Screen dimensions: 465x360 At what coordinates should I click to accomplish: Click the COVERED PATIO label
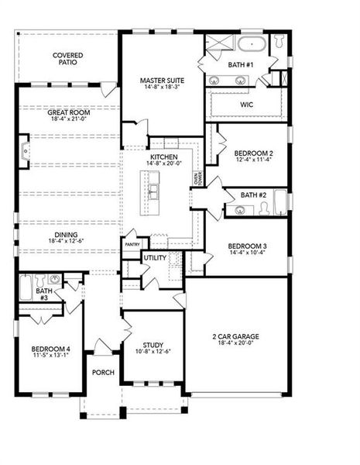click(x=67, y=59)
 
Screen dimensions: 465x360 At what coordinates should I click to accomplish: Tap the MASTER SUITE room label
click(x=160, y=80)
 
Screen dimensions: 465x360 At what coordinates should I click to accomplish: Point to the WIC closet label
click(x=246, y=104)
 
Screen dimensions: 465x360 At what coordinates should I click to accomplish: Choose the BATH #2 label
click(x=253, y=195)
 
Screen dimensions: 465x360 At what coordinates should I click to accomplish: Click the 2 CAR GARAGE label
click(x=235, y=336)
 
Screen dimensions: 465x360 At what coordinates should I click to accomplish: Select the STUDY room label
click(x=153, y=345)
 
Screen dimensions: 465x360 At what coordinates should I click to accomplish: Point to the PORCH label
click(x=103, y=373)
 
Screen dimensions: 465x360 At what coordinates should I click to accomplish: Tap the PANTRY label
click(x=132, y=244)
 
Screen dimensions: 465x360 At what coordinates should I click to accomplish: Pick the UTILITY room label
click(x=154, y=257)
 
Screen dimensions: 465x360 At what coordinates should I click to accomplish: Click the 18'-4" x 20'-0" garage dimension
click(x=235, y=344)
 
